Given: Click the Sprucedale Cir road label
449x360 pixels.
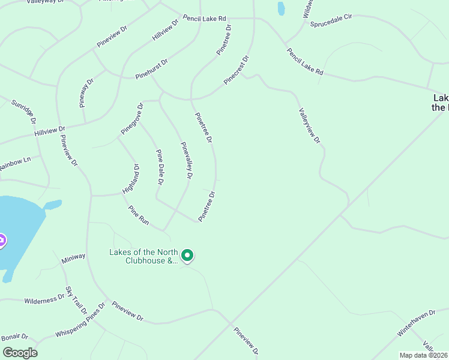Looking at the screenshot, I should pos(331,20).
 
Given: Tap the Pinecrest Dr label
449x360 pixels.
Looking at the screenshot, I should pos(236,71).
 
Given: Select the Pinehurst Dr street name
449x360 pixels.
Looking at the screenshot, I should pos(151,69).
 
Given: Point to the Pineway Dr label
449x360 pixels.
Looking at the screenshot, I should pos(87,92).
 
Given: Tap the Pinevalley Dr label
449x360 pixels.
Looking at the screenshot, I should pos(187,160).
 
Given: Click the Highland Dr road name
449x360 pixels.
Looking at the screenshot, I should pos(131,178).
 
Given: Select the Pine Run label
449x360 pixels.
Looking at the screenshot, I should pos(139,215).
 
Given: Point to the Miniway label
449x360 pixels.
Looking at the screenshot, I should pos(73,258).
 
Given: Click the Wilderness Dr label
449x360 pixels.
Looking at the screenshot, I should pos(44,299).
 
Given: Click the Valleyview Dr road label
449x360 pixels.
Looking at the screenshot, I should pos(310,125).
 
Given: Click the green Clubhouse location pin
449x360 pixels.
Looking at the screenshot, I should pos(187,256).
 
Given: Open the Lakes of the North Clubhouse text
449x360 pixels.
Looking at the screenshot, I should pos(143,256).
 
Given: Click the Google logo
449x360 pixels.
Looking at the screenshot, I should pos(20,353).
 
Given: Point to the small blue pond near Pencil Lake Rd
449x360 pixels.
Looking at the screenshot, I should pos(280,8).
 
